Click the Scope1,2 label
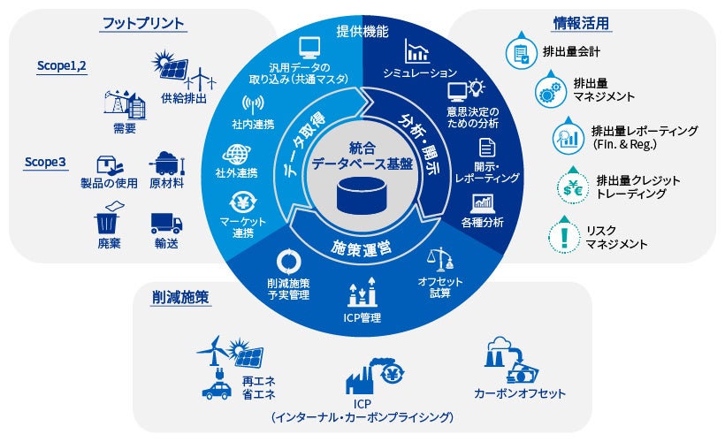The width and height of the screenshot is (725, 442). (62, 65)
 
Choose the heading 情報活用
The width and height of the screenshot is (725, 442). (581, 22)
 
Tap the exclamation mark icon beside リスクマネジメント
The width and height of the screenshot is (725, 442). (563, 235)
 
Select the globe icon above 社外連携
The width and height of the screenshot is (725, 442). (238, 154)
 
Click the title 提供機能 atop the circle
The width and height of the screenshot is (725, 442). (362, 32)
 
